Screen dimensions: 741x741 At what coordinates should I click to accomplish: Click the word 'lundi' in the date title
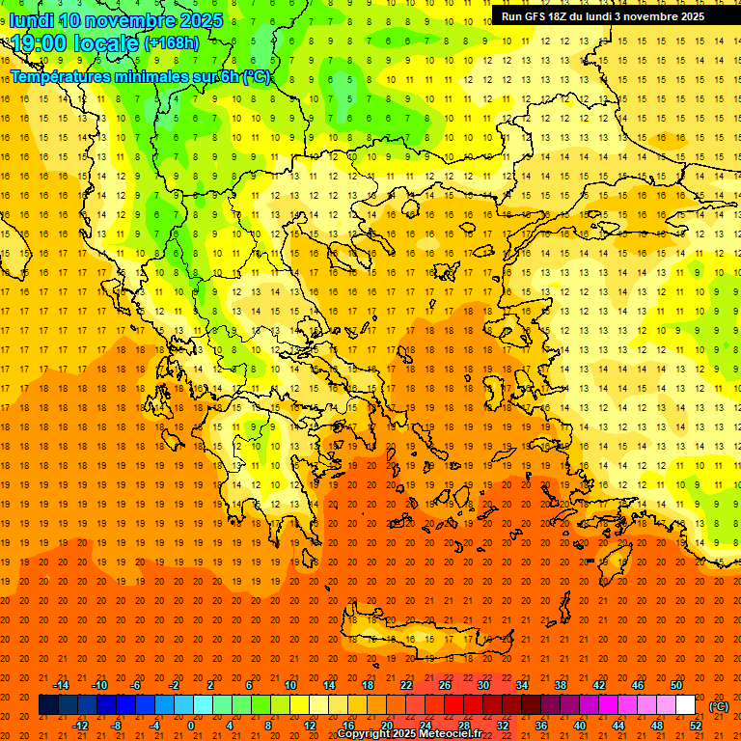pyautogui.click(x=31, y=20)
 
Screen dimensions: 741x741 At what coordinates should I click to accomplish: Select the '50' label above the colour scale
pyautogui.click(x=676, y=685)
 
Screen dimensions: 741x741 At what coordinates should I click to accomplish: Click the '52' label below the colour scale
pyautogui.click(x=697, y=726)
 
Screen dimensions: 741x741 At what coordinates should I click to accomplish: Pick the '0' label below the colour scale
pyautogui.click(x=191, y=726)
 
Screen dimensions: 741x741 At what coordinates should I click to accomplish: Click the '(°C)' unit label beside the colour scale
pyautogui.click(x=719, y=706)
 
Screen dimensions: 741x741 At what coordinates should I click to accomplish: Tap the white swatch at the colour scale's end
pyautogui.click(x=686, y=705)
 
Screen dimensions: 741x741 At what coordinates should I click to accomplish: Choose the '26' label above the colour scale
pyautogui.click(x=445, y=685)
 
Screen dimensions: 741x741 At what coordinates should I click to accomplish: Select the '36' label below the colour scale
pyautogui.click(x=541, y=726)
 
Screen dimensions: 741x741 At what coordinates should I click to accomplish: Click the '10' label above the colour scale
pyautogui.click(x=289, y=685)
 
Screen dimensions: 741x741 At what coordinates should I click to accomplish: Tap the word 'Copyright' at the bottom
pyautogui.click(x=366, y=734)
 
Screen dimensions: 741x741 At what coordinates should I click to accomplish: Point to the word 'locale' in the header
pyautogui.click(x=110, y=44)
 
